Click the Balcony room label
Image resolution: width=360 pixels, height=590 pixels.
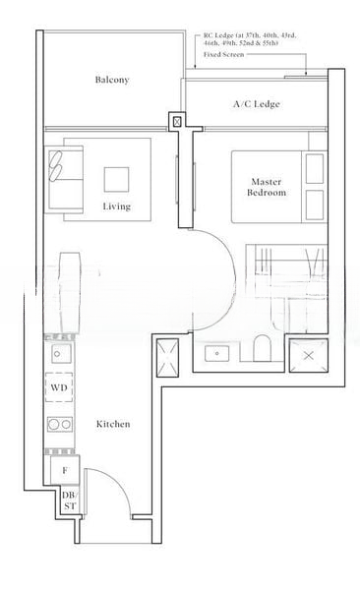pos(112,80)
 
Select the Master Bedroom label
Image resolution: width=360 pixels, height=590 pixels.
pos(267,188)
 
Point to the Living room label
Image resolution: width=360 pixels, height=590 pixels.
pos(117,206)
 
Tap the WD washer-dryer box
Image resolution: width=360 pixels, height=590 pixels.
pos(60,388)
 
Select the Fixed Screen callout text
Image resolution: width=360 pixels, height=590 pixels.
pos(225,55)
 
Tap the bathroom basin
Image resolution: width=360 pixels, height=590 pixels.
pos(217,352)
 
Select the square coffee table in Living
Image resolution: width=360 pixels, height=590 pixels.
pos(117,178)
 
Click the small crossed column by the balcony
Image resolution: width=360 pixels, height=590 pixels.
pos(177,121)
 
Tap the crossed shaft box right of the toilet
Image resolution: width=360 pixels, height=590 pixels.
pos(307,354)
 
